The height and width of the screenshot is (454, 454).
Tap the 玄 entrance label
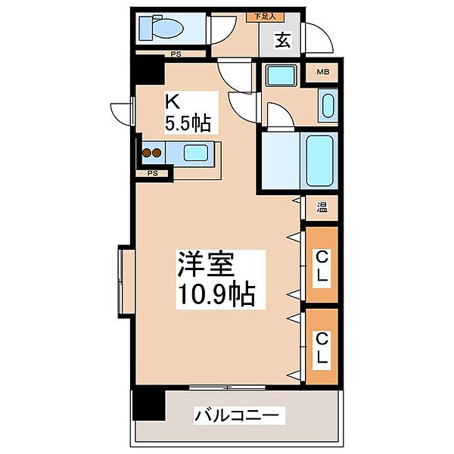pos(282,40)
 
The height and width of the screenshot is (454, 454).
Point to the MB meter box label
pos(322,73)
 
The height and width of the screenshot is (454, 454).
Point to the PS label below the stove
pos(152,173)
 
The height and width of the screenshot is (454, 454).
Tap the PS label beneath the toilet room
pos(175,54)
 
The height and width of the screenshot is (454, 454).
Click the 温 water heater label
pos(322,207)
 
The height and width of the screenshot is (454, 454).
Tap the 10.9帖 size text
pos(215,293)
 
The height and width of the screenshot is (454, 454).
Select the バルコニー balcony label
pos(238,415)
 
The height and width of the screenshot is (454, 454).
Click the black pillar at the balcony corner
pos(148,406)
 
